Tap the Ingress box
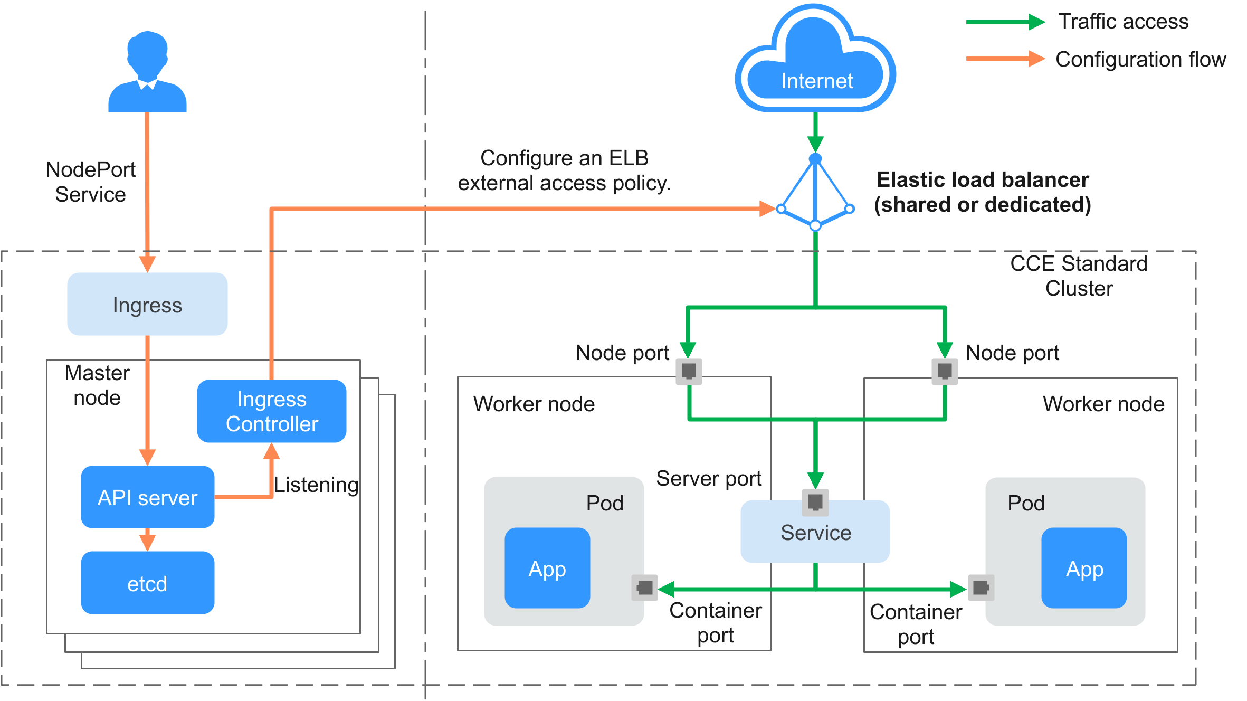point(147,305)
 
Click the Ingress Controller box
point(272,411)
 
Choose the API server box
point(147,497)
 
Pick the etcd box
point(147,583)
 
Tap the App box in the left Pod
point(547,569)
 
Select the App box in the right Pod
point(1084,569)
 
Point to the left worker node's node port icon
point(689,371)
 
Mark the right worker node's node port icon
point(945,371)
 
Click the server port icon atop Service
point(815,501)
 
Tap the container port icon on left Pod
point(644,588)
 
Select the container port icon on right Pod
point(981,588)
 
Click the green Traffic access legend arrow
point(1005,22)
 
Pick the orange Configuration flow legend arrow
point(1005,59)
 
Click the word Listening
point(316,485)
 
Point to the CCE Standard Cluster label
point(1079,276)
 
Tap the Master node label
point(97,385)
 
